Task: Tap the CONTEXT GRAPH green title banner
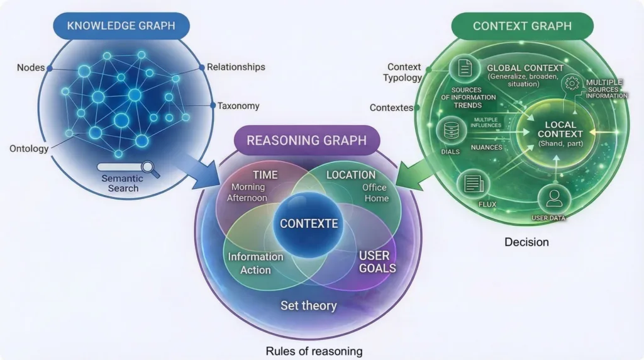click(x=522, y=26)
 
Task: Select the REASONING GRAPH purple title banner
click(x=306, y=140)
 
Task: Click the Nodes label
click(x=30, y=67)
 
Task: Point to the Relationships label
click(x=236, y=67)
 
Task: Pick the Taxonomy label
click(x=238, y=106)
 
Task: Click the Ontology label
click(x=29, y=149)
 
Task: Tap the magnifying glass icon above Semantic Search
click(x=150, y=167)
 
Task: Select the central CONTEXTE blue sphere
click(x=308, y=223)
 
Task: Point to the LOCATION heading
click(x=351, y=175)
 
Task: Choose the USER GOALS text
click(x=377, y=262)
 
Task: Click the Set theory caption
click(x=308, y=306)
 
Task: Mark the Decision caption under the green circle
click(x=526, y=242)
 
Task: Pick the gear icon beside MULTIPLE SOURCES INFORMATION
click(x=572, y=82)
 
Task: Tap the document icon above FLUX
click(x=472, y=184)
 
